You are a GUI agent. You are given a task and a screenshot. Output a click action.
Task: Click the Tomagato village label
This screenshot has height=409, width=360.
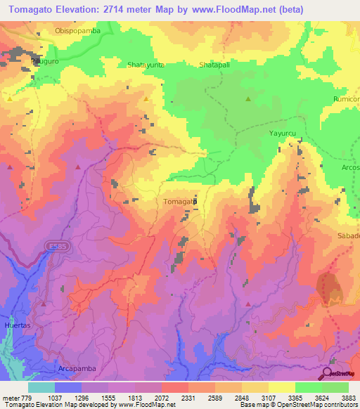(x=179, y=202)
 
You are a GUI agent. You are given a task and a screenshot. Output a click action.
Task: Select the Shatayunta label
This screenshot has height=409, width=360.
(x=146, y=65)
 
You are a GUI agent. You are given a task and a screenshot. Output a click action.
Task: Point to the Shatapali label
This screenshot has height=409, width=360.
(x=217, y=65)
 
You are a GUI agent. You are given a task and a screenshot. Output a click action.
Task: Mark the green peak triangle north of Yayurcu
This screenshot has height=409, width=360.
(x=248, y=99)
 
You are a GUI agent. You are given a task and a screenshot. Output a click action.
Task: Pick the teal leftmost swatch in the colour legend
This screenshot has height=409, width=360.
(x=41, y=387)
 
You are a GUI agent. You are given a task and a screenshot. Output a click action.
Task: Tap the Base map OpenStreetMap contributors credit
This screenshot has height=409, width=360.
(x=297, y=405)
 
